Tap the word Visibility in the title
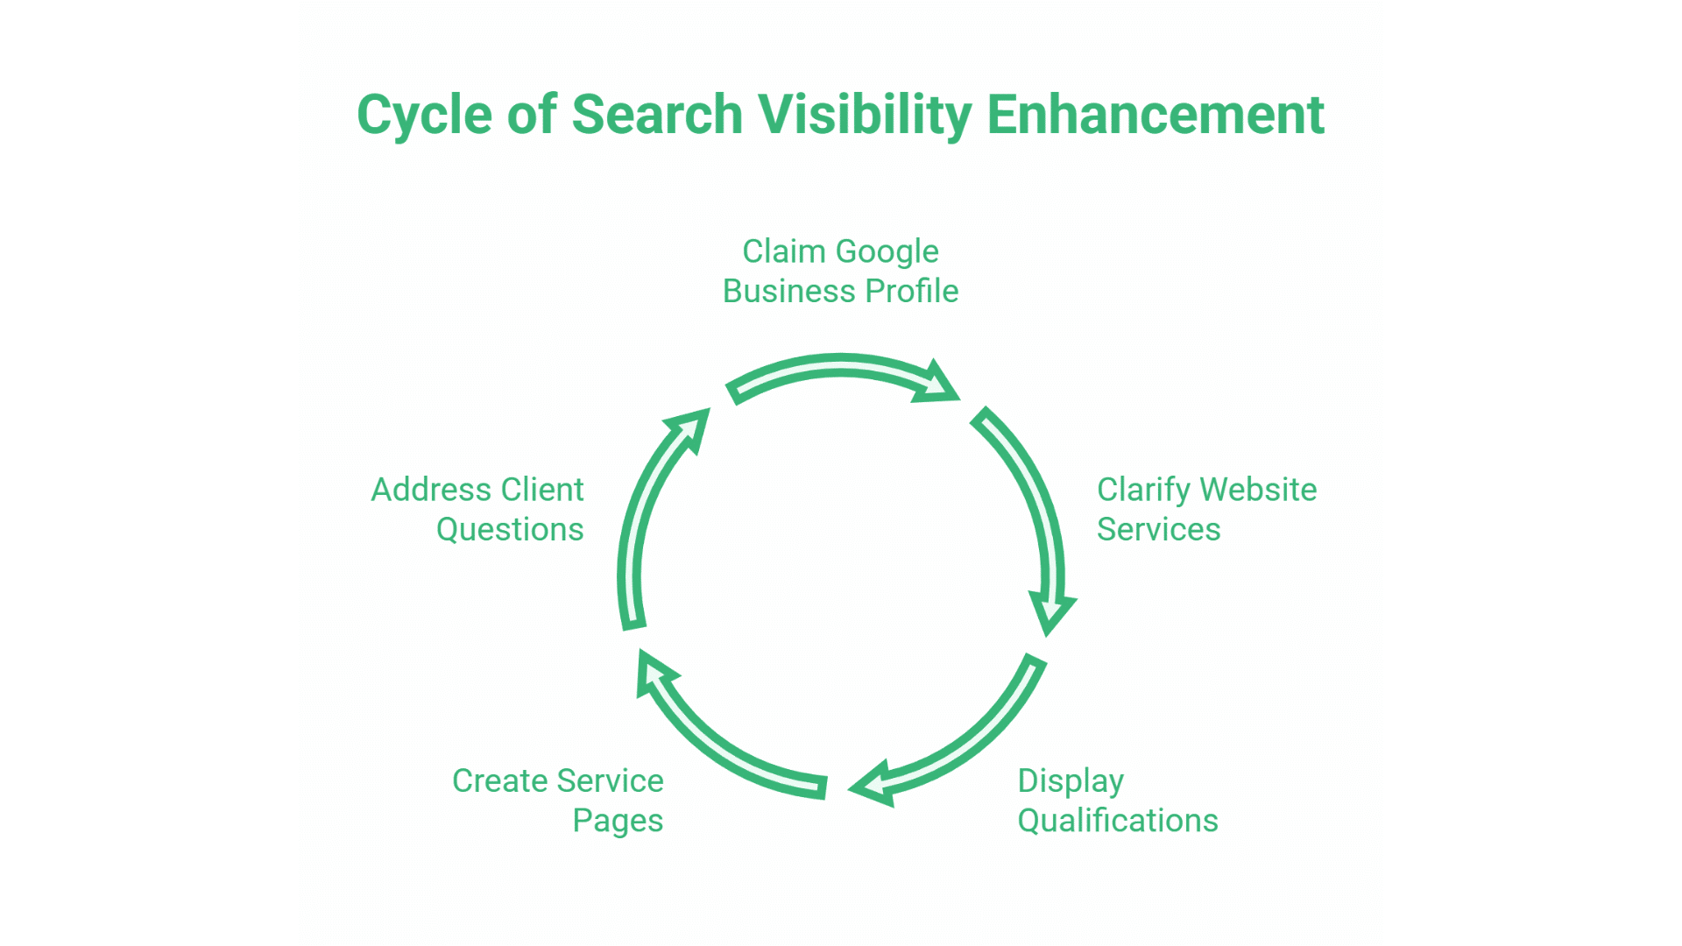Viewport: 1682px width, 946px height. click(x=865, y=116)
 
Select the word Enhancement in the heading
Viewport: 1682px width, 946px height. click(x=1155, y=116)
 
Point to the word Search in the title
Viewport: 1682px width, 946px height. click(x=657, y=116)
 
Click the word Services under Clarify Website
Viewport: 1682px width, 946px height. click(x=1158, y=530)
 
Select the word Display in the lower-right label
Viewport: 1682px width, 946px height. click(x=1071, y=781)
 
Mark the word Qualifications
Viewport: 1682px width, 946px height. click(x=1118, y=821)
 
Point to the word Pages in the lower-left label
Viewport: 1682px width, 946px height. click(x=618, y=821)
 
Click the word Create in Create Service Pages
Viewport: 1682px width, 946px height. click(x=499, y=781)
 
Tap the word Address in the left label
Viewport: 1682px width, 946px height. click(x=429, y=491)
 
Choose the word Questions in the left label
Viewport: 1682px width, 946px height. click(x=510, y=530)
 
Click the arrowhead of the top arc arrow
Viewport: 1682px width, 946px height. click(x=936, y=384)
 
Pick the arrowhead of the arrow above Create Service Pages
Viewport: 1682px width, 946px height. click(x=653, y=673)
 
